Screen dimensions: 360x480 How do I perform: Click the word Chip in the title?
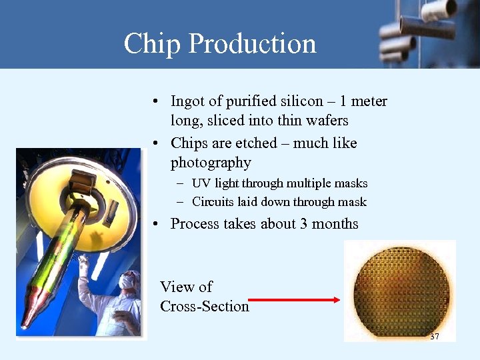coord(152,44)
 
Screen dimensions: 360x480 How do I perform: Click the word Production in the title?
coord(252,44)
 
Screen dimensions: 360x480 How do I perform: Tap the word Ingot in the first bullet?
coord(187,102)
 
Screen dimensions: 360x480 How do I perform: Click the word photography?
coord(211,163)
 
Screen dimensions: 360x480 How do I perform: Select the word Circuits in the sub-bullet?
coord(213,202)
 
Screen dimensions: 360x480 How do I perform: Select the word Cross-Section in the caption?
coord(204,307)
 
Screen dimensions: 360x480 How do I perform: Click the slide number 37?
coord(435,337)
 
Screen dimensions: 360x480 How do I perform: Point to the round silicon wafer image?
coord(398,292)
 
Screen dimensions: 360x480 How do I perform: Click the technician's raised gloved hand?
coord(83,262)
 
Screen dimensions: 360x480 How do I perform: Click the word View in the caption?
coord(177,287)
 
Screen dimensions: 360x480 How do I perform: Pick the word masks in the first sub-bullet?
coord(352,183)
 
